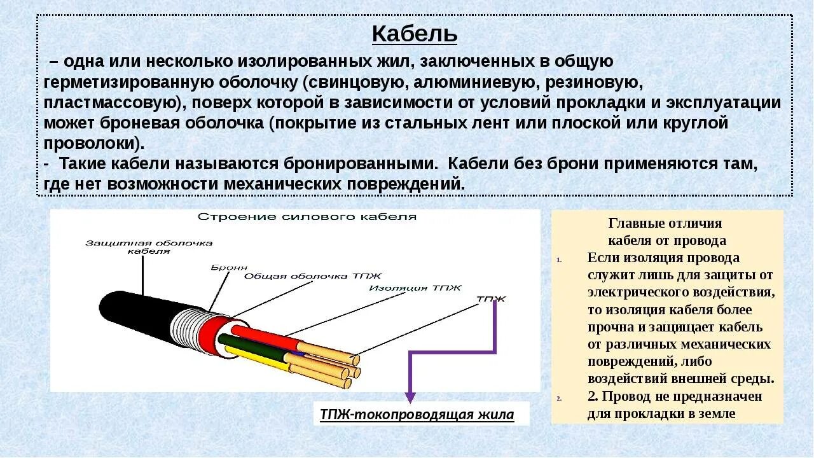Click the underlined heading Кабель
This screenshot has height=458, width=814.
(414, 34)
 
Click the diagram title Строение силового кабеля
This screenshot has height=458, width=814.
(307, 217)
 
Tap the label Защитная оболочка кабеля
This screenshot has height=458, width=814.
(149, 247)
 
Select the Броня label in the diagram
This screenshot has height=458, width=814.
(229, 268)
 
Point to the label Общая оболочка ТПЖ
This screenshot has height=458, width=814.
(313, 276)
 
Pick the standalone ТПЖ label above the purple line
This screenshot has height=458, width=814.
(491, 298)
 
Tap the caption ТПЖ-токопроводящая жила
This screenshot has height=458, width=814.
(417, 415)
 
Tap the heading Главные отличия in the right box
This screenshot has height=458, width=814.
(666, 223)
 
